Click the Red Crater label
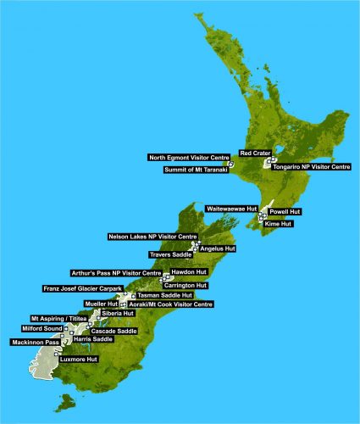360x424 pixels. [x=255, y=153]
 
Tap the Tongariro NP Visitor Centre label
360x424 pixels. [x=310, y=167]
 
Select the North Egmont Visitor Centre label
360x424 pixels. [x=188, y=158]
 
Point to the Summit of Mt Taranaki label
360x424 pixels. [x=194, y=170]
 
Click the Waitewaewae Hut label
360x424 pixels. [x=231, y=208]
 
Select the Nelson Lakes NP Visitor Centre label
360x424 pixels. [x=152, y=236]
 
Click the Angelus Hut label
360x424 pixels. [x=218, y=248]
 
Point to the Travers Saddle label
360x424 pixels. [x=171, y=254]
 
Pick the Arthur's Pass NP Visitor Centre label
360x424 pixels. [x=116, y=273]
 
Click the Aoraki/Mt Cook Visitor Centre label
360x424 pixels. [x=169, y=304]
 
